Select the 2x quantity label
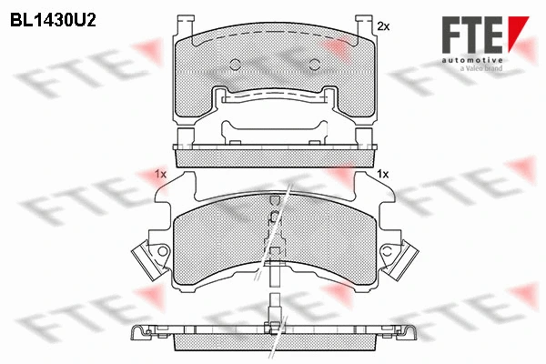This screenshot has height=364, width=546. point(383,27)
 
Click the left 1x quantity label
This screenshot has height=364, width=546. point(160,173)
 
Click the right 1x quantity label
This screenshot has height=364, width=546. point(383,173)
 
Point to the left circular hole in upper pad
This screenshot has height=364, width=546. point(235,64)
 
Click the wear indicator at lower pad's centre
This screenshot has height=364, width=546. point(273,218)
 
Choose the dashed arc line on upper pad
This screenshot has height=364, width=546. point(273,36)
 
